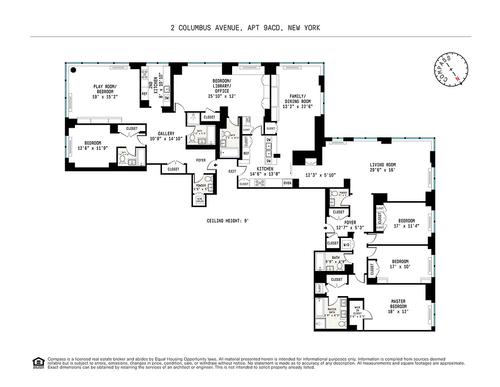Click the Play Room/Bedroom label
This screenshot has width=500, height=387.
(104, 92)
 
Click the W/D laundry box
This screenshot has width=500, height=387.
(346, 244)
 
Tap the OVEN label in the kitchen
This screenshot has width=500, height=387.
(287, 183)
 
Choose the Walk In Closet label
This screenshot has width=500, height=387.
(358, 311)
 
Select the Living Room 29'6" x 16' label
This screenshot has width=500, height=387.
(383, 167)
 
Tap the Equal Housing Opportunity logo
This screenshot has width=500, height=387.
(37, 362)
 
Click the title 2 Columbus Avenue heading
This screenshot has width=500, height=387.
(245, 28)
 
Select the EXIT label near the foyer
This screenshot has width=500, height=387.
(233, 171)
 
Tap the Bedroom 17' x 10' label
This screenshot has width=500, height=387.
(400, 264)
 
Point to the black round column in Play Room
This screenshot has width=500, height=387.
(74, 70)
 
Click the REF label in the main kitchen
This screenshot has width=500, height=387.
(246, 154)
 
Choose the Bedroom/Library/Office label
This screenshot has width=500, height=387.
(221, 88)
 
